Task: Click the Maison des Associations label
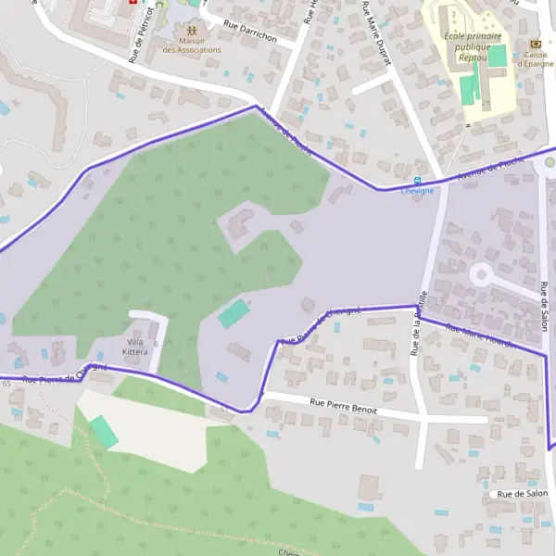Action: (192, 44)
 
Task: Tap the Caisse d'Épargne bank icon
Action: (535, 44)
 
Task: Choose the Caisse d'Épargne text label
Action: (535, 59)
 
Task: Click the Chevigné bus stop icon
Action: (417, 180)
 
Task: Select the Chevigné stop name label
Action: (417, 191)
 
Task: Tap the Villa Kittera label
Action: (135, 347)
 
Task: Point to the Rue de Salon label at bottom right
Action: (523, 495)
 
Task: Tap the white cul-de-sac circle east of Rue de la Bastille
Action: (482, 274)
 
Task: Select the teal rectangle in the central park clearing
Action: (234, 313)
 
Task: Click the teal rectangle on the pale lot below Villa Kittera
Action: (104, 432)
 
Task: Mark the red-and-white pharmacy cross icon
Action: (133, 4)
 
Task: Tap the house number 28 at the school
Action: (485, 102)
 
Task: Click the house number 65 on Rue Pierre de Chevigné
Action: (6, 384)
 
